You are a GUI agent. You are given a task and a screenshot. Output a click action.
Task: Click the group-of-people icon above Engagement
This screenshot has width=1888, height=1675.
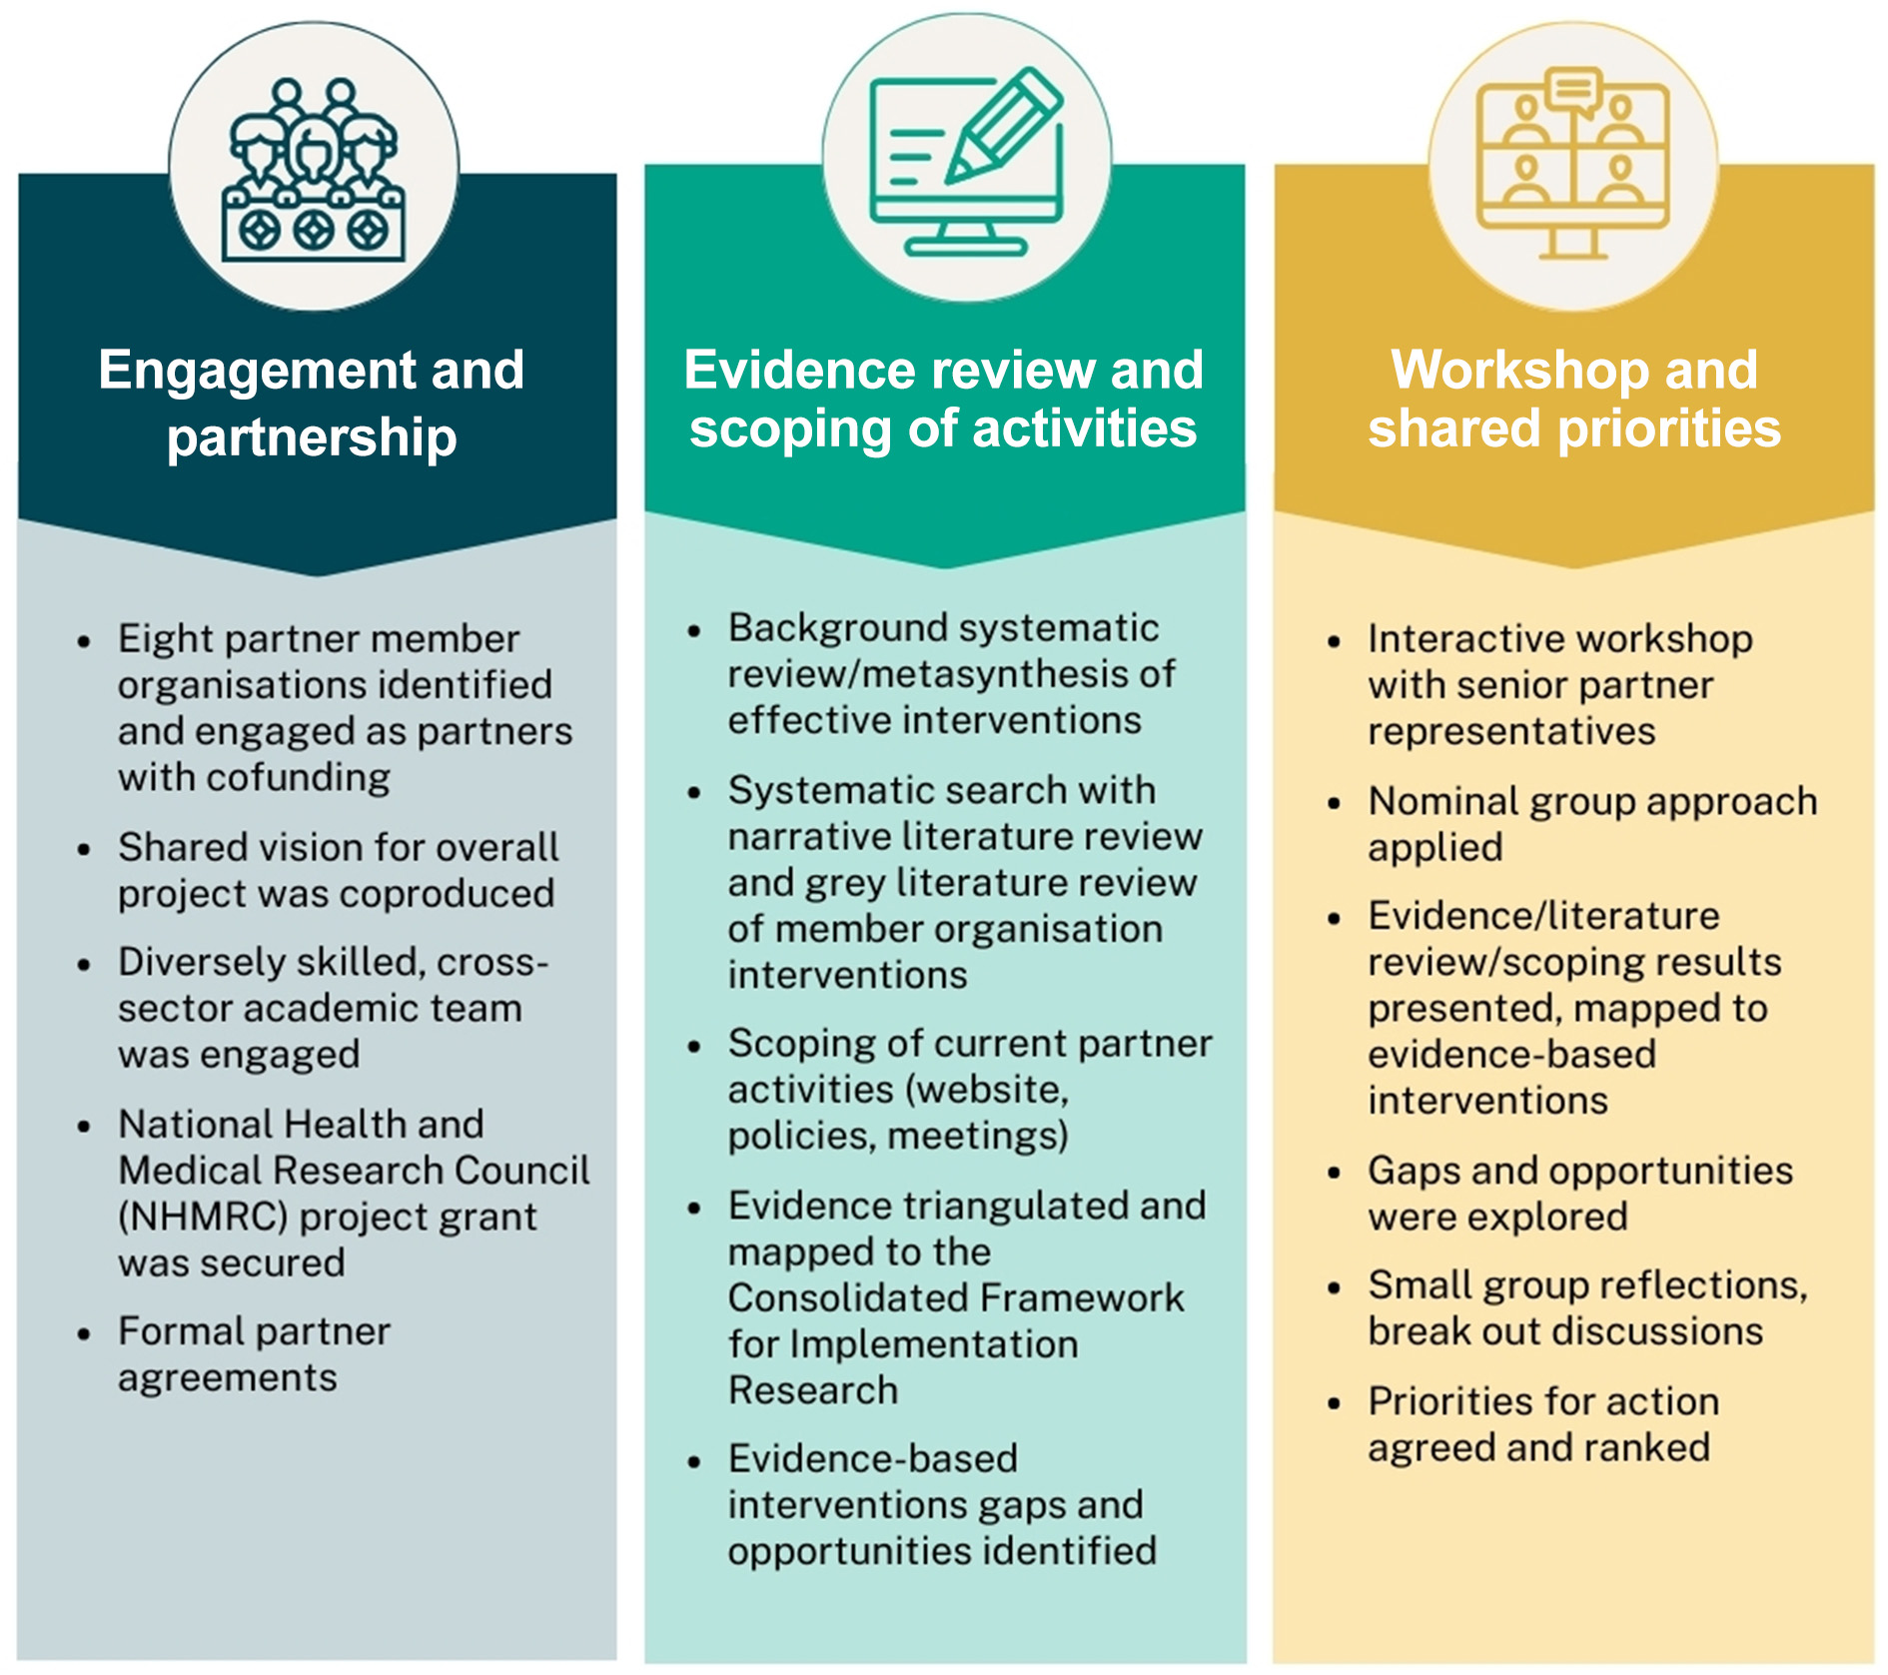[313, 170]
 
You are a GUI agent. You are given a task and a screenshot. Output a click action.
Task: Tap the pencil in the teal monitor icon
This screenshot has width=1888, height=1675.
[1003, 125]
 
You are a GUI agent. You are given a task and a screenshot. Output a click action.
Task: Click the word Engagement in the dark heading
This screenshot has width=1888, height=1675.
[255, 371]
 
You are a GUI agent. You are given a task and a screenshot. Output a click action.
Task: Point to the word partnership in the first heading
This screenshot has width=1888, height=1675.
[312, 437]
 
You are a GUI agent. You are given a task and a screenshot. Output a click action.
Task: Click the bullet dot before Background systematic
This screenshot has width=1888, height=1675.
[694, 631]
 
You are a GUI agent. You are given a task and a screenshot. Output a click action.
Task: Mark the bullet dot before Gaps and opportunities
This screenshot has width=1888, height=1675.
[1334, 1174]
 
